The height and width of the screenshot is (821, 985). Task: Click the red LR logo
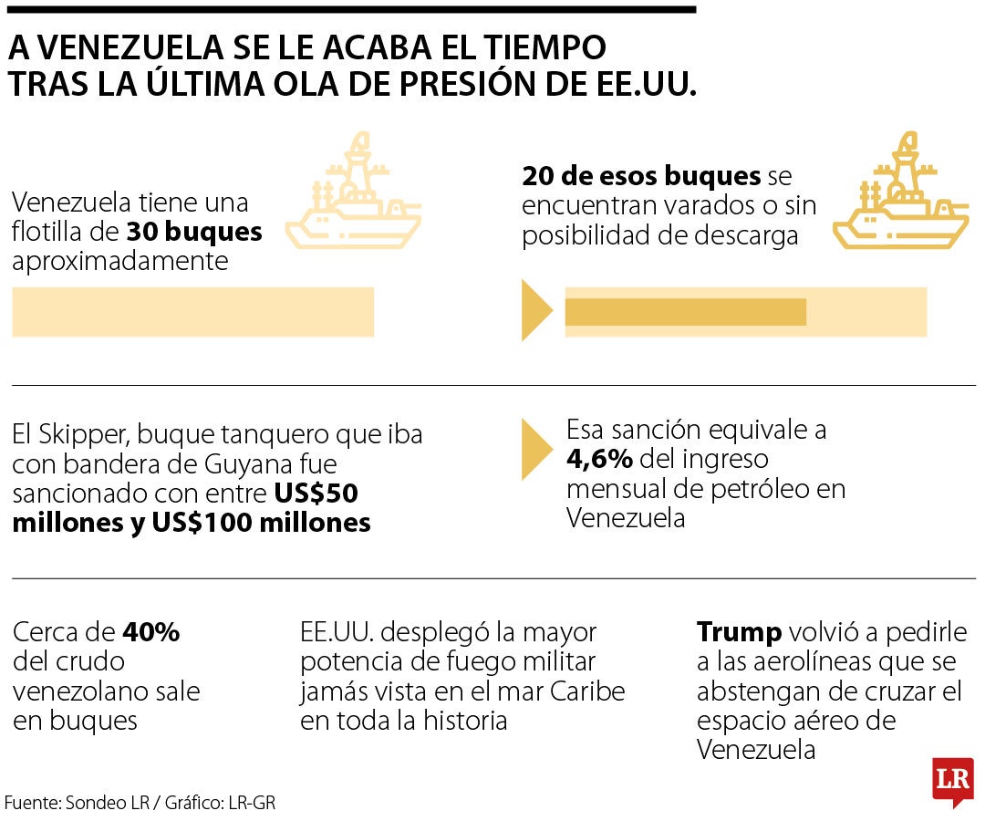pos(953,780)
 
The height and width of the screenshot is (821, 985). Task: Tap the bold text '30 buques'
pos(194,232)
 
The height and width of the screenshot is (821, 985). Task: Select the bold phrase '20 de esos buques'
pos(641,176)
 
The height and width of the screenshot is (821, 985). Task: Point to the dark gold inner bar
pos(685,312)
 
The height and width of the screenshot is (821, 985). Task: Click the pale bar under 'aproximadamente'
pos(192,312)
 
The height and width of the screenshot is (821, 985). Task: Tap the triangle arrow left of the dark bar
pos(535,311)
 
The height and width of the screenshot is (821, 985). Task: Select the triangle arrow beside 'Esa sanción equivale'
pos(535,450)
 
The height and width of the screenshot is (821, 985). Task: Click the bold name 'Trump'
pos(739,632)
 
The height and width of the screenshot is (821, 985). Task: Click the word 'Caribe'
pos(587,691)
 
